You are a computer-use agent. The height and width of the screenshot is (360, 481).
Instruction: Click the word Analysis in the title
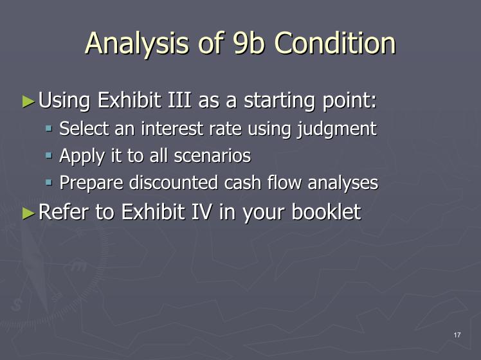point(136,44)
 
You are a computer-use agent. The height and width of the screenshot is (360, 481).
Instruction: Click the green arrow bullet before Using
point(28,101)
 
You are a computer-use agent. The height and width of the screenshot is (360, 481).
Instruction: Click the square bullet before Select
point(49,127)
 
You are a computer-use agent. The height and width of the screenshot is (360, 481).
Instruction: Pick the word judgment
point(336,129)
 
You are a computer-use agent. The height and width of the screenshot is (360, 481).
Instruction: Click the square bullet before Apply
point(49,155)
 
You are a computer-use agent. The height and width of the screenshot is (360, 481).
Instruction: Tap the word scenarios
point(212,156)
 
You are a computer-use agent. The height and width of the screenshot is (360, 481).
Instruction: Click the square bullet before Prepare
point(49,183)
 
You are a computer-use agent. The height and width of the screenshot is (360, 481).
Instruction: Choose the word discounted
point(174,183)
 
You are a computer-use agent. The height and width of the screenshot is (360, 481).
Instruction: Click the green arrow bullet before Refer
point(28,213)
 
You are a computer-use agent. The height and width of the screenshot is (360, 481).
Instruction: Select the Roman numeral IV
point(201,212)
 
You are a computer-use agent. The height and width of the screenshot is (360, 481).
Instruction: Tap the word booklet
point(326,212)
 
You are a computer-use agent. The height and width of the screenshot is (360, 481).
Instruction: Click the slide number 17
point(457,335)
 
